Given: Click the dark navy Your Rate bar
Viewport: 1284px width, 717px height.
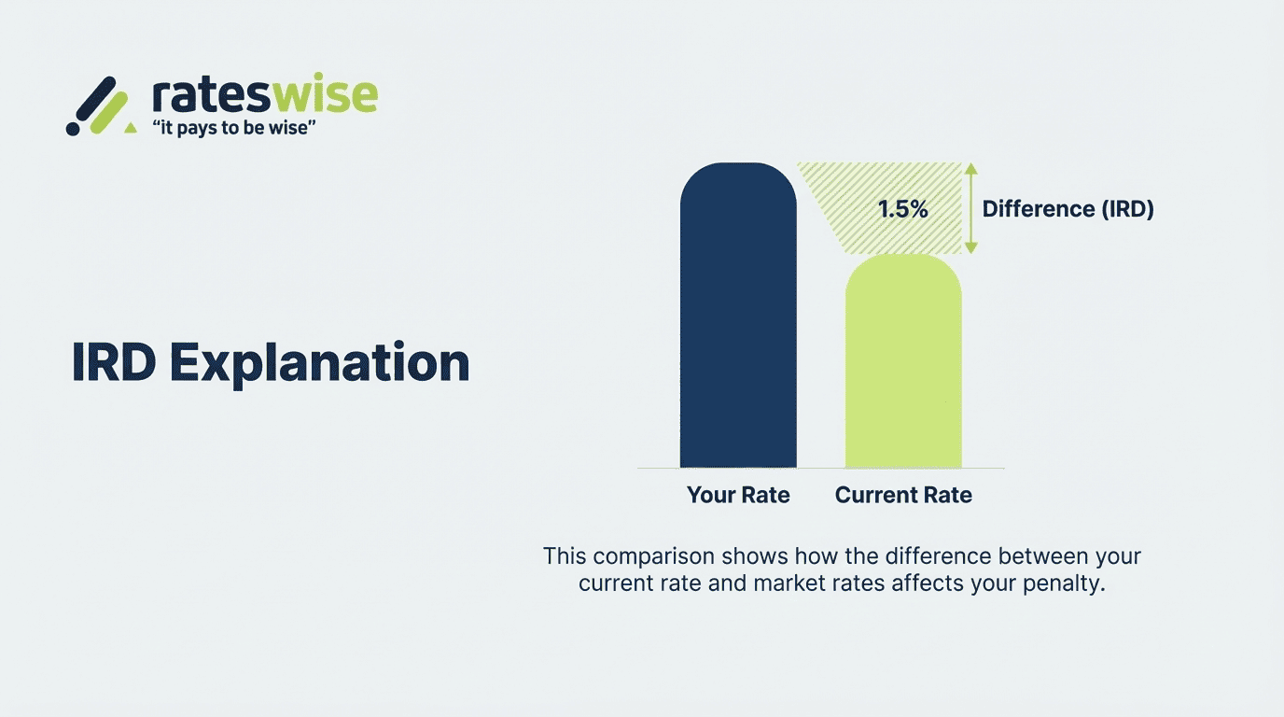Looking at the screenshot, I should tap(738, 317).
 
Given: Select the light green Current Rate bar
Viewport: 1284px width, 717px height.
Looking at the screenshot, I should tap(903, 364).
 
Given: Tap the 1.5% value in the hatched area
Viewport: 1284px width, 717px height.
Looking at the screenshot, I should tap(902, 209).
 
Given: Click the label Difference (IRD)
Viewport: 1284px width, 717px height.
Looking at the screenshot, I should tap(1068, 209).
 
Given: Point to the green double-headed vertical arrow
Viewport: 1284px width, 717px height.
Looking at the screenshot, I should tap(970, 209).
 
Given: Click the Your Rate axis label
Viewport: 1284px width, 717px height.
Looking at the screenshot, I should tap(738, 496).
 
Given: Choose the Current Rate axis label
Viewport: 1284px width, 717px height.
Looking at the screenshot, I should tap(903, 496).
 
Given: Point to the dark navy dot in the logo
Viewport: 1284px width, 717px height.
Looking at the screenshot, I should tap(73, 128).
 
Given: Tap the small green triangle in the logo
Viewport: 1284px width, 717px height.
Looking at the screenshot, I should tap(131, 126).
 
